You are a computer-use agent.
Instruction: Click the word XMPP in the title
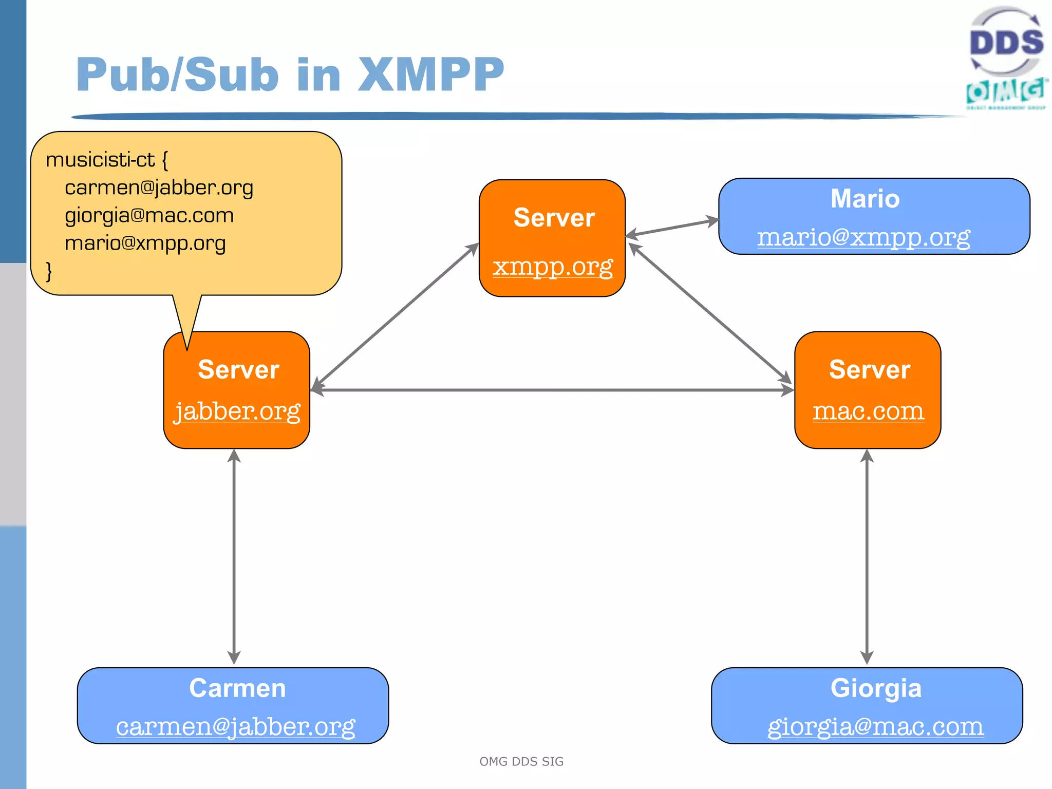430,75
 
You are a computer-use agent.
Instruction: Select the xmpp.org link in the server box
553,267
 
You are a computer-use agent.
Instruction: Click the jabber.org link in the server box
237,411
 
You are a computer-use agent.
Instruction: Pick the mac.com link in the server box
868,411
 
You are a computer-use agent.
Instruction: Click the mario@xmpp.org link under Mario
863,237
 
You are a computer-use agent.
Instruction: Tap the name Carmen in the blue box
237,688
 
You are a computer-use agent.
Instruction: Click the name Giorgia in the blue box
876,688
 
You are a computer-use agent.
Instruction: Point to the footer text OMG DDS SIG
521,761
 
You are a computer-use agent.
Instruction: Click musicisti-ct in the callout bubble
100,160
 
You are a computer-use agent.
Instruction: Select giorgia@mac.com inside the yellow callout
149,215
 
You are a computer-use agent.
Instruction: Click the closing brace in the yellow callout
49,271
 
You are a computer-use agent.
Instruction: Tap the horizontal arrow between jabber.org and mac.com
552,390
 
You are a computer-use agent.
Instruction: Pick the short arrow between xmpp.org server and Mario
672,228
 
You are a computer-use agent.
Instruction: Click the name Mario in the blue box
865,199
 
